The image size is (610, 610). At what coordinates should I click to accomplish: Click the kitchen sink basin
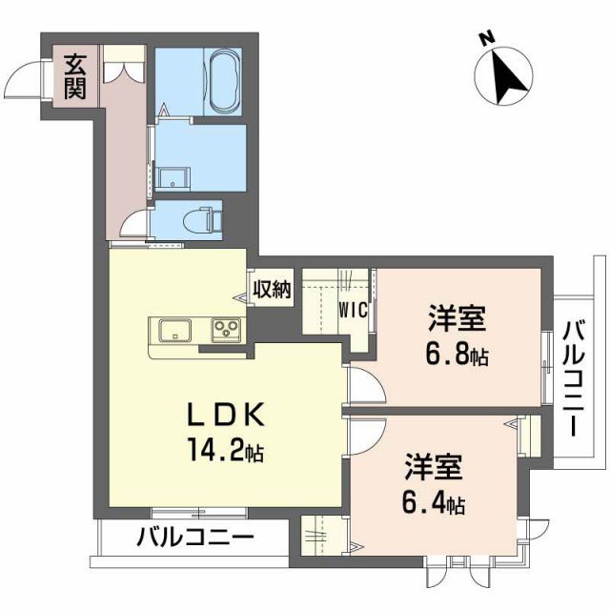tap(176, 331)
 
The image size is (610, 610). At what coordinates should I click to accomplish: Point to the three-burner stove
tap(228, 331)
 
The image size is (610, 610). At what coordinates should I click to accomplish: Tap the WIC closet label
tap(354, 309)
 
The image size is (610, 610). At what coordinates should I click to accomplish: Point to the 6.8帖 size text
tap(457, 356)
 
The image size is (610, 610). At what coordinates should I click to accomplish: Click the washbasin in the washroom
tap(173, 177)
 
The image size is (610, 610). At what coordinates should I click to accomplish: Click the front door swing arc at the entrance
tap(26, 78)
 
